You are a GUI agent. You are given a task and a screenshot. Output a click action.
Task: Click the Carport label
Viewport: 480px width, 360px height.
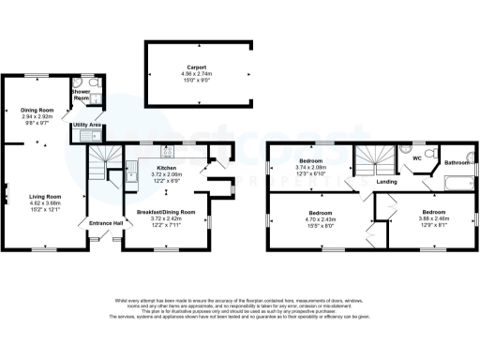197,68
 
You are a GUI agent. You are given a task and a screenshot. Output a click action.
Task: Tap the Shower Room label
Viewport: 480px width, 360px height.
82,97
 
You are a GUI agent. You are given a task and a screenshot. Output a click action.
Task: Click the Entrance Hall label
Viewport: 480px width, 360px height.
106,222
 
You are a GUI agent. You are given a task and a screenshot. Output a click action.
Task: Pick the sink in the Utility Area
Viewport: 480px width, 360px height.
87,137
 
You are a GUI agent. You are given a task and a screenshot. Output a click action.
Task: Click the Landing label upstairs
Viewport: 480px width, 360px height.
385,181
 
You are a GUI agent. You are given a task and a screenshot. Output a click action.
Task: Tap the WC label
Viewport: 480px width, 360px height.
415,158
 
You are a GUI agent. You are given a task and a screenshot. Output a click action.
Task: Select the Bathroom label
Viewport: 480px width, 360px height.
457,162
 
